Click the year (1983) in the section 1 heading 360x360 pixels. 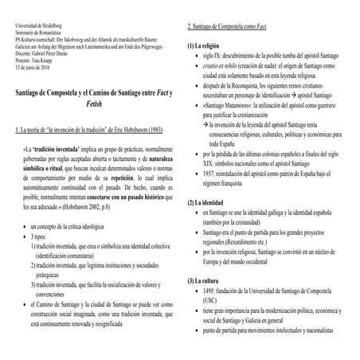pos(156,128)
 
